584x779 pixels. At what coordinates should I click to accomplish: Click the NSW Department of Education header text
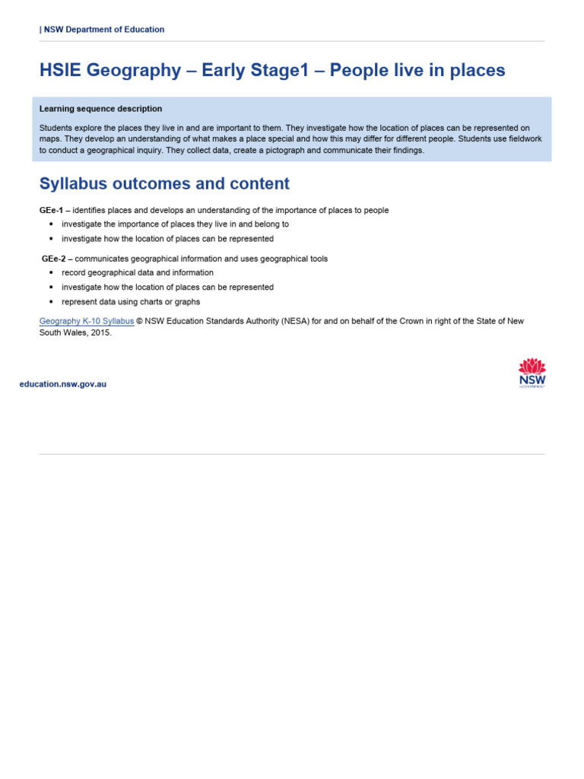tap(103, 30)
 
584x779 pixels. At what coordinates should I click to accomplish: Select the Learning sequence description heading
tap(100, 109)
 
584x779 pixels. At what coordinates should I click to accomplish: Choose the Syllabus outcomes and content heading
tap(164, 183)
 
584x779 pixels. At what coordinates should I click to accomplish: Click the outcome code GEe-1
tap(52, 210)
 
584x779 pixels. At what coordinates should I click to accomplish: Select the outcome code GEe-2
tap(53, 259)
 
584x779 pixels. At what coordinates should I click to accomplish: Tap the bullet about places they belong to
tap(175, 224)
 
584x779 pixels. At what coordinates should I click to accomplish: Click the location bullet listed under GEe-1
tap(167, 239)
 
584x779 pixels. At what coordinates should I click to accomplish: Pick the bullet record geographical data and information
tap(138, 272)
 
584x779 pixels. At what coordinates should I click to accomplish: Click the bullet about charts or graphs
tap(131, 302)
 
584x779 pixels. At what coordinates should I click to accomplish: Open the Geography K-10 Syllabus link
tap(87, 321)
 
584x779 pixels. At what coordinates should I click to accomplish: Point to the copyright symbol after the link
tap(140, 321)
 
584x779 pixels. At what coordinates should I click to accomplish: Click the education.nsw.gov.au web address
tap(63, 384)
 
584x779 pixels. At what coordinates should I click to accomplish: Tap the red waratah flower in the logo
tap(532, 365)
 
